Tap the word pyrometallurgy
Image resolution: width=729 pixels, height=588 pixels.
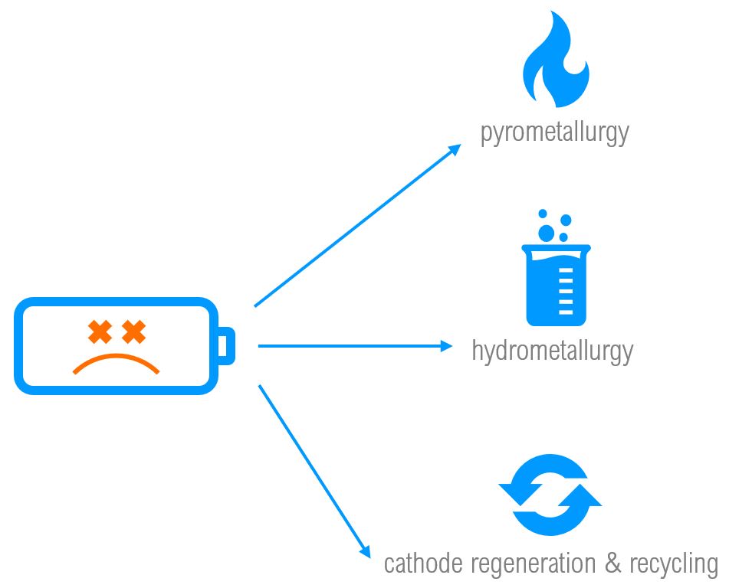pos(554,132)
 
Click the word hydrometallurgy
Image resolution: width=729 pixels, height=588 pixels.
pos(553,351)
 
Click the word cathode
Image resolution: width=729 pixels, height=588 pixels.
pos(422,564)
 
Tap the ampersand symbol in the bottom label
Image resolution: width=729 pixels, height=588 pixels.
pos(612,564)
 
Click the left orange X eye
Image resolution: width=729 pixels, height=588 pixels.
pos(100,332)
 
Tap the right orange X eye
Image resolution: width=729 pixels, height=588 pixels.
pos(134,332)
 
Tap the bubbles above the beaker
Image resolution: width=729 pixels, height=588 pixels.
pos(553,225)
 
